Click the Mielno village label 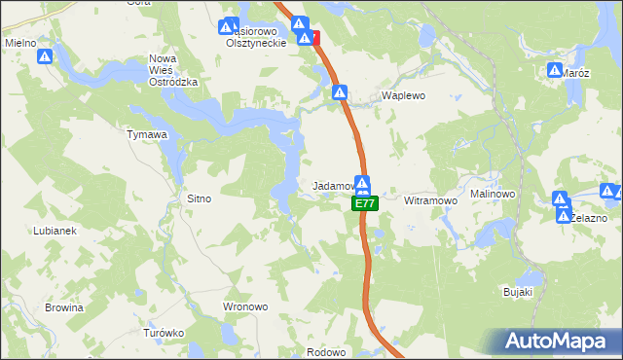[20, 43]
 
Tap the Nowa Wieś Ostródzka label [173, 70]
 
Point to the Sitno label [199, 198]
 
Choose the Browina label [63, 307]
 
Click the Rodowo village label [327, 352]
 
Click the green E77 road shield [364, 203]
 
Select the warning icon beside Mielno [46, 57]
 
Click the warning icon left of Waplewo [340, 92]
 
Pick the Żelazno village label [588, 218]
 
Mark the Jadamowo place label [331, 185]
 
